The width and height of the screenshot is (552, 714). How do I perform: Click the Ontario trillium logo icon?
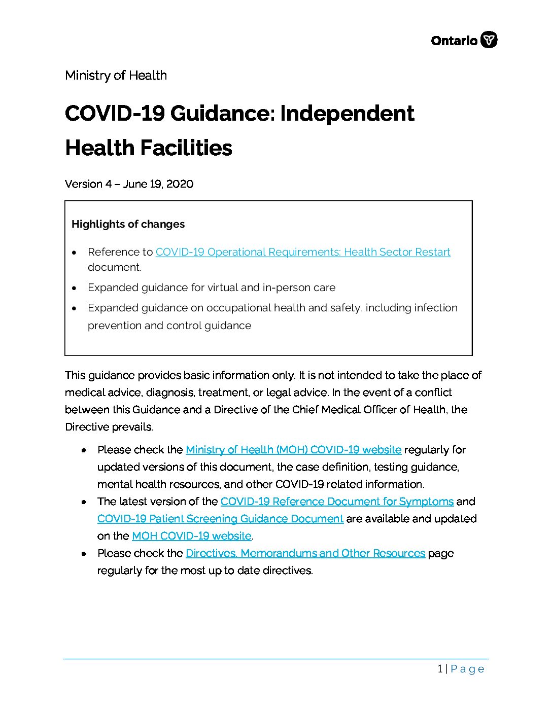[489, 40]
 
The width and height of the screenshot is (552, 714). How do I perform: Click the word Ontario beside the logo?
[454, 41]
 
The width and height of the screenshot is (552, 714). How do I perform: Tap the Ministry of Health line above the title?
[116, 76]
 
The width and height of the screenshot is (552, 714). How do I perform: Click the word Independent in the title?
[347, 113]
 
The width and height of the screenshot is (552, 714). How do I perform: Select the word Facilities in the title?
[186, 148]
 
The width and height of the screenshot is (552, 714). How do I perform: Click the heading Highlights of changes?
[128, 224]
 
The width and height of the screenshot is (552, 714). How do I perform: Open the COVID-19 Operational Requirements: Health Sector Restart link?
[303, 252]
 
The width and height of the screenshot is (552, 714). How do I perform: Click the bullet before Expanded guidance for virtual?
[75, 288]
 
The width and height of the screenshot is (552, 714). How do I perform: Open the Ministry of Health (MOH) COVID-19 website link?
[293, 450]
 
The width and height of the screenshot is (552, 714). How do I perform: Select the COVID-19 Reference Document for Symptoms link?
[337, 502]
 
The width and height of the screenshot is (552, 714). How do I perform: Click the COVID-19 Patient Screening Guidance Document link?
[220, 519]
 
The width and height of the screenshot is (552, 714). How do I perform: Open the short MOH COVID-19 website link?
[191, 536]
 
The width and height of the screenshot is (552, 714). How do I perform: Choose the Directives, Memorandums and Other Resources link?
[305, 553]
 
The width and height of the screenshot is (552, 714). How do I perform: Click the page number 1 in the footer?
[440, 669]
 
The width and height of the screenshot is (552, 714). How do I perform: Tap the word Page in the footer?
[467, 669]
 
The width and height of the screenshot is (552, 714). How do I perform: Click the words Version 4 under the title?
[88, 184]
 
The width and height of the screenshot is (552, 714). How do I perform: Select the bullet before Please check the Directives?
[84, 554]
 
